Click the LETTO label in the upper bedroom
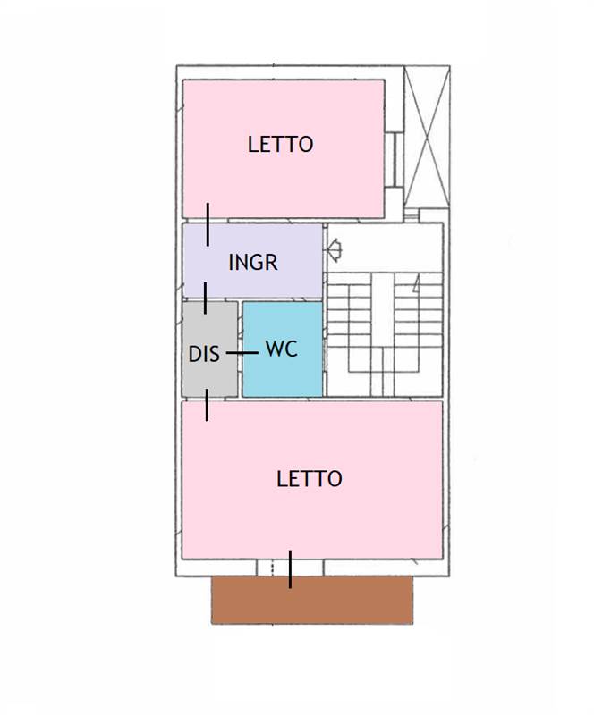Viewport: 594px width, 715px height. coord(280,144)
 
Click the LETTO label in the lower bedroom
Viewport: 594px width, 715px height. coord(309,478)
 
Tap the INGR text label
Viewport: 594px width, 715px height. coord(252,262)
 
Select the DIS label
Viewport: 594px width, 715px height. coord(203,353)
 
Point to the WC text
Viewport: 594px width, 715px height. coord(281,349)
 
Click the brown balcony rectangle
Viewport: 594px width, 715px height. coord(312,600)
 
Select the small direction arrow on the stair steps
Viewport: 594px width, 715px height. coord(416,285)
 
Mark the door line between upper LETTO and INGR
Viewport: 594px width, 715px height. coord(208,223)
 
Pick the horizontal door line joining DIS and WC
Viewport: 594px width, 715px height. coord(242,353)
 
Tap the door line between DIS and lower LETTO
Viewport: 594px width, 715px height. coord(208,405)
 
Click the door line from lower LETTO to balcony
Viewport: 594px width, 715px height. coord(290,569)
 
